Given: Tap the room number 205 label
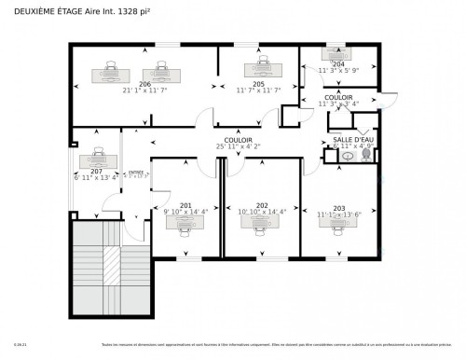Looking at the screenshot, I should [258, 83].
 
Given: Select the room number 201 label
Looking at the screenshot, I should [185, 204].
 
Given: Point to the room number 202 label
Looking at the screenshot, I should [262, 205].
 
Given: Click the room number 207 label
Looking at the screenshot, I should [97, 172].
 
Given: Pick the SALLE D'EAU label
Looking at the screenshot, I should [353, 139].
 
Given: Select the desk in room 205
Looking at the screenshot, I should [258, 69].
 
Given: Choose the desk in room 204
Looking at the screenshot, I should [336, 52].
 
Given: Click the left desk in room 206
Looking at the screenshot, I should [111, 72].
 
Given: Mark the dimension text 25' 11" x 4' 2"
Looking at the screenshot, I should [239, 146].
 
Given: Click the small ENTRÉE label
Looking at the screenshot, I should [137, 173].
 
